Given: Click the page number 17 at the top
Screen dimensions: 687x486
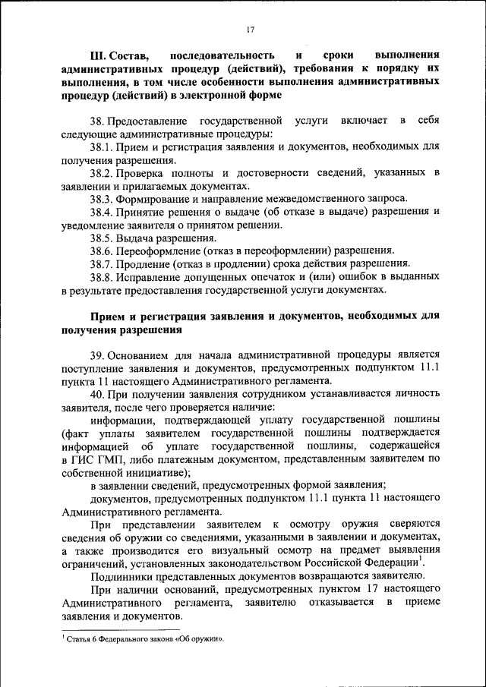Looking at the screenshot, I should [x=250, y=30].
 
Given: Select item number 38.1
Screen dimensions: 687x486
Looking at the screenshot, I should [x=102, y=148].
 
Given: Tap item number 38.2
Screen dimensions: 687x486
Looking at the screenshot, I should [x=102, y=173].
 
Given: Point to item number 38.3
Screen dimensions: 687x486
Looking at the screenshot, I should [x=102, y=198].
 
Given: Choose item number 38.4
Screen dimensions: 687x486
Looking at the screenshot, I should [x=102, y=212].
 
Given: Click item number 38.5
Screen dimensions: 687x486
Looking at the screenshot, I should [x=102, y=237].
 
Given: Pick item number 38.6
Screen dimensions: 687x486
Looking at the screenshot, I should [x=102, y=250].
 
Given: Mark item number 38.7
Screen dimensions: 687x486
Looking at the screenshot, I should [x=102, y=263].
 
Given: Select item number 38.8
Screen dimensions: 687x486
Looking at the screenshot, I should [x=102, y=276].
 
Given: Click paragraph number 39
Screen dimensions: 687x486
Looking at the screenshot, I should [x=96, y=355].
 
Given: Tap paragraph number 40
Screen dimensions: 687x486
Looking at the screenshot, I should [x=96, y=394].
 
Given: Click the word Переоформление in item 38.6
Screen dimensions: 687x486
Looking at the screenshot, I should [x=159, y=250].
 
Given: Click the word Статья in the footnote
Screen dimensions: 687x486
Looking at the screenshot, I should [x=78, y=638].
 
